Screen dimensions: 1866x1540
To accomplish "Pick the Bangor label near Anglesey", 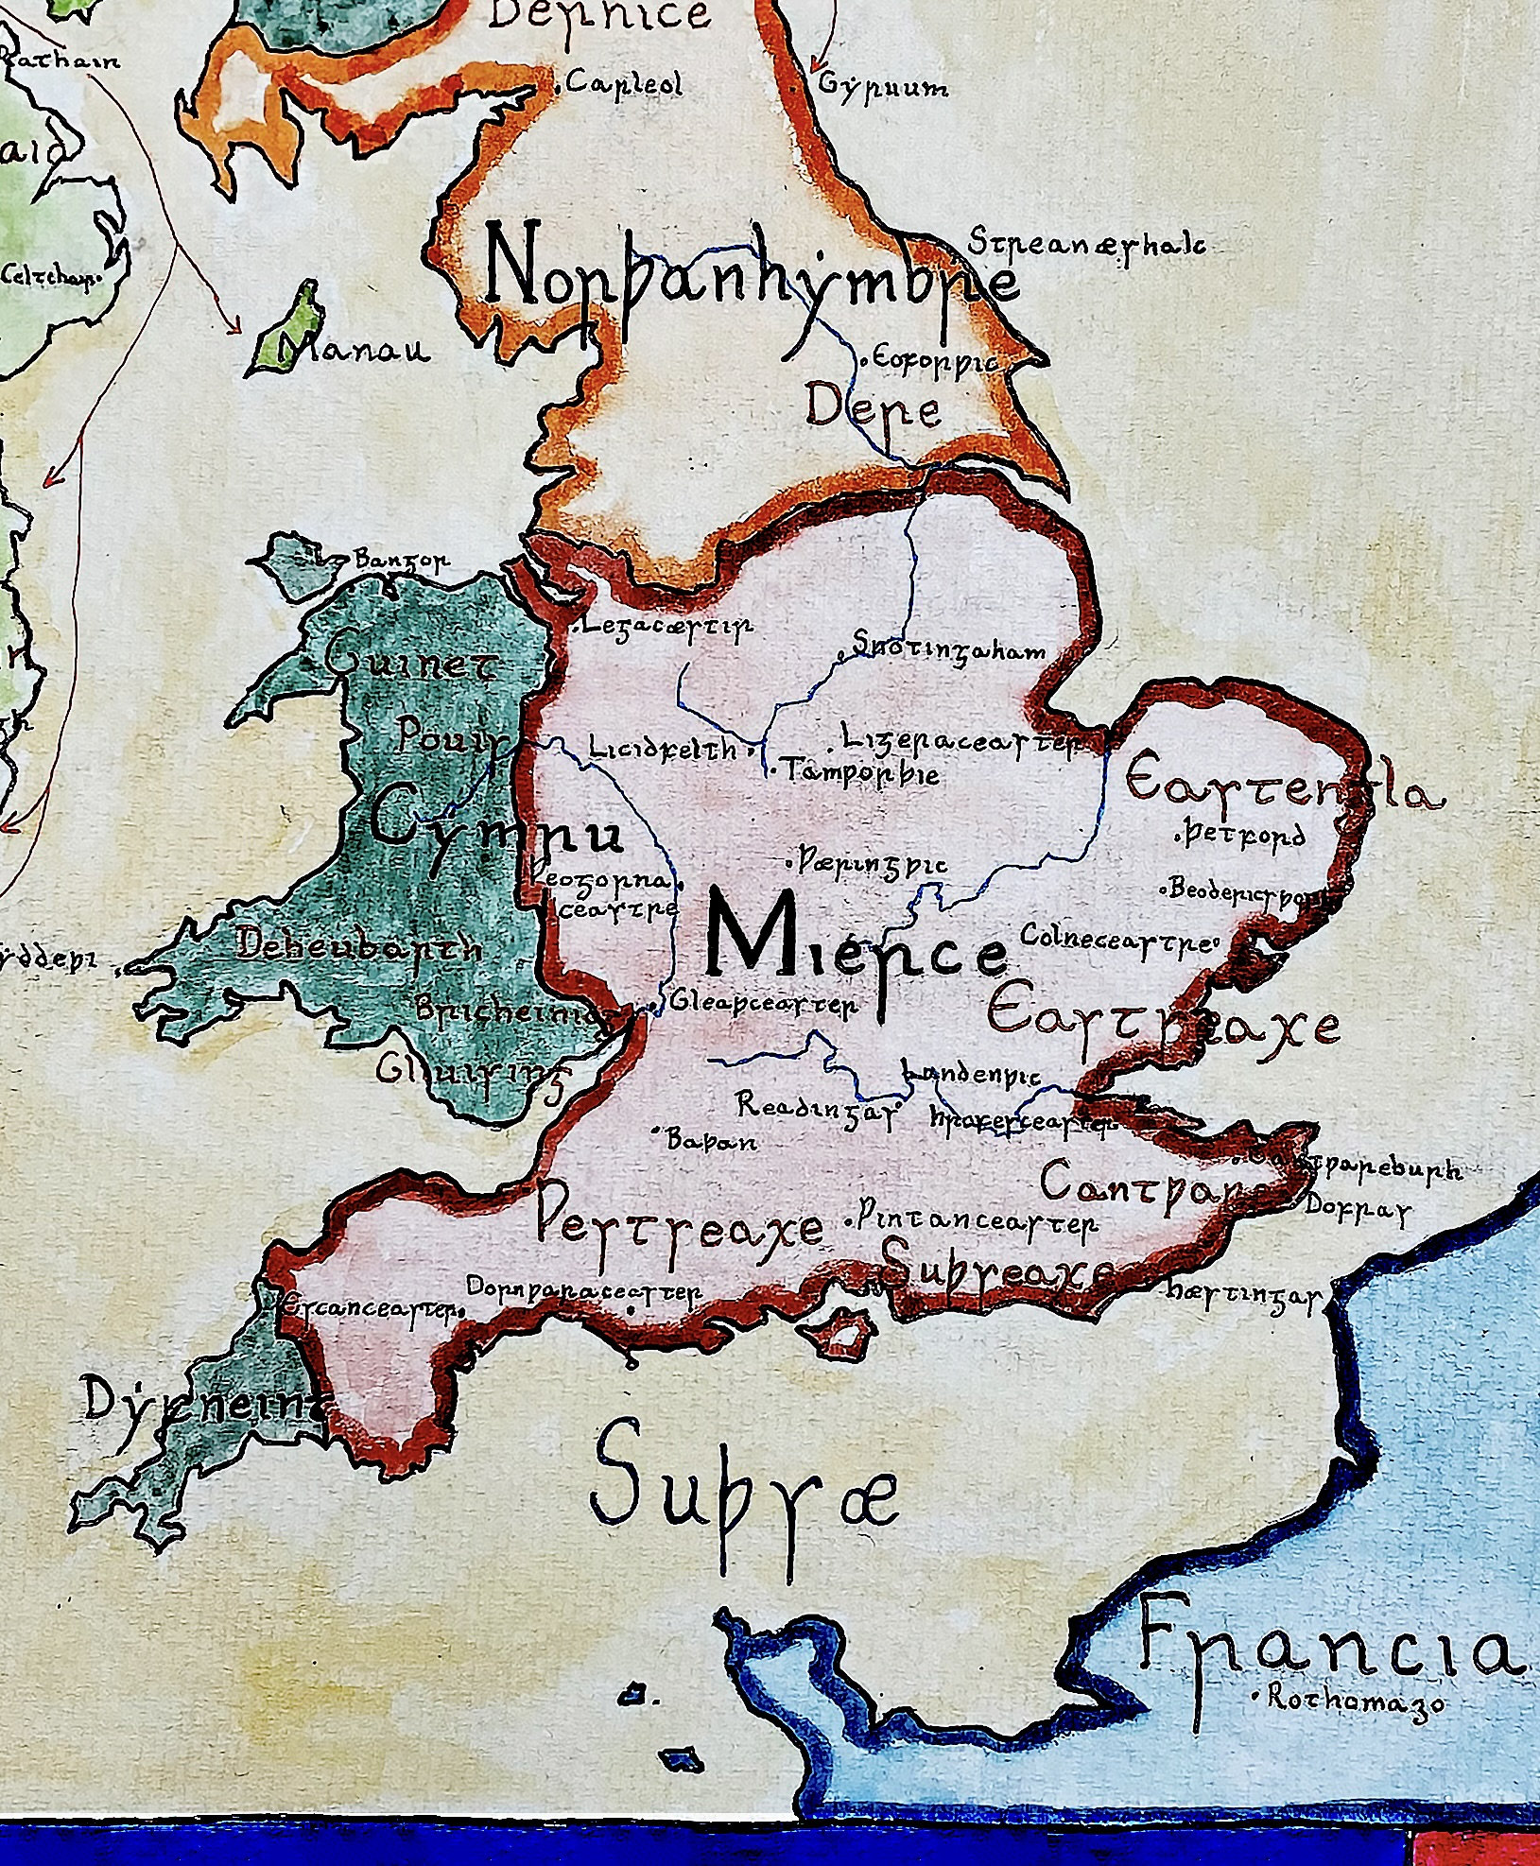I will [x=402, y=562].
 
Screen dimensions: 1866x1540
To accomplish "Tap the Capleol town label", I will [x=624, y=85].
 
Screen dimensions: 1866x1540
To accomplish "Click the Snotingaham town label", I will [x=950, y=650].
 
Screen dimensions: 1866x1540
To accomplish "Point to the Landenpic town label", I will [x=971, y=1075].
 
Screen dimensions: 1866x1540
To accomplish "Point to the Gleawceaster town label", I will [x=764, y=1004].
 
